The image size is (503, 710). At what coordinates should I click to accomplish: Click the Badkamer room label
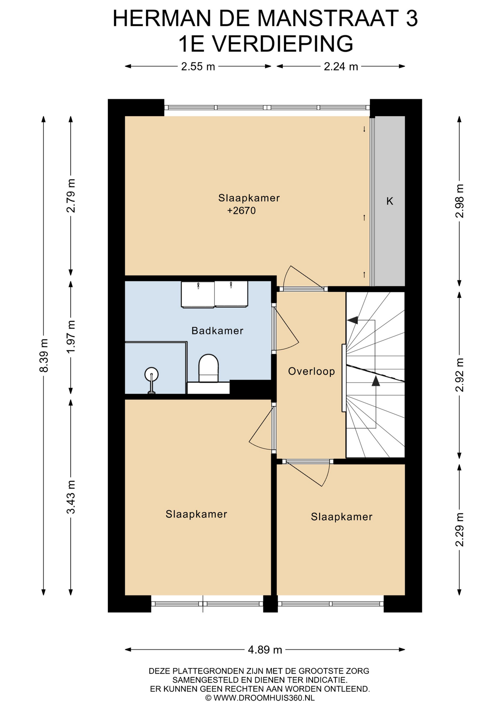pos(217,331)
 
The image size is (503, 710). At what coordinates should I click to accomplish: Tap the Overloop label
pos(312,371)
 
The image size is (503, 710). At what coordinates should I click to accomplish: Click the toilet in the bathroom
pos(209,368)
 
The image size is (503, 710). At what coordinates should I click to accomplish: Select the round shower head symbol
pos(151,375)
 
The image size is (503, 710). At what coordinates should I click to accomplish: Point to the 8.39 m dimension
pos(44,355)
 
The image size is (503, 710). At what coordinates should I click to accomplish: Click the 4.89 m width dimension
pos(265,649)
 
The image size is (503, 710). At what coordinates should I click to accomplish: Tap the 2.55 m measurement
pos(198,67)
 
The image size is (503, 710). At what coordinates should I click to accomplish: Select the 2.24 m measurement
pos(341,67)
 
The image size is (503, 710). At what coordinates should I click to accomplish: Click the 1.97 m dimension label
pos(71,336)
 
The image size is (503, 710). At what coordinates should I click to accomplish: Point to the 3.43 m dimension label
pos(71,497)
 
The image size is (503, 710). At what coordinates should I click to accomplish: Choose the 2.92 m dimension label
pos(459,375)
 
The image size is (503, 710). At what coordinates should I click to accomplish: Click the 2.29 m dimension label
pos(459,530)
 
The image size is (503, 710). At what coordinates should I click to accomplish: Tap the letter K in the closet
pos(390,201)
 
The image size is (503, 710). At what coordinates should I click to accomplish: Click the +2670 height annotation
pos(241,211)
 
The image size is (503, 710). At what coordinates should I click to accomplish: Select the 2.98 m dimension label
pos(459,201)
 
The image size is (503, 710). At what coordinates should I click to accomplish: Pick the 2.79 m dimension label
pos(71,196)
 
